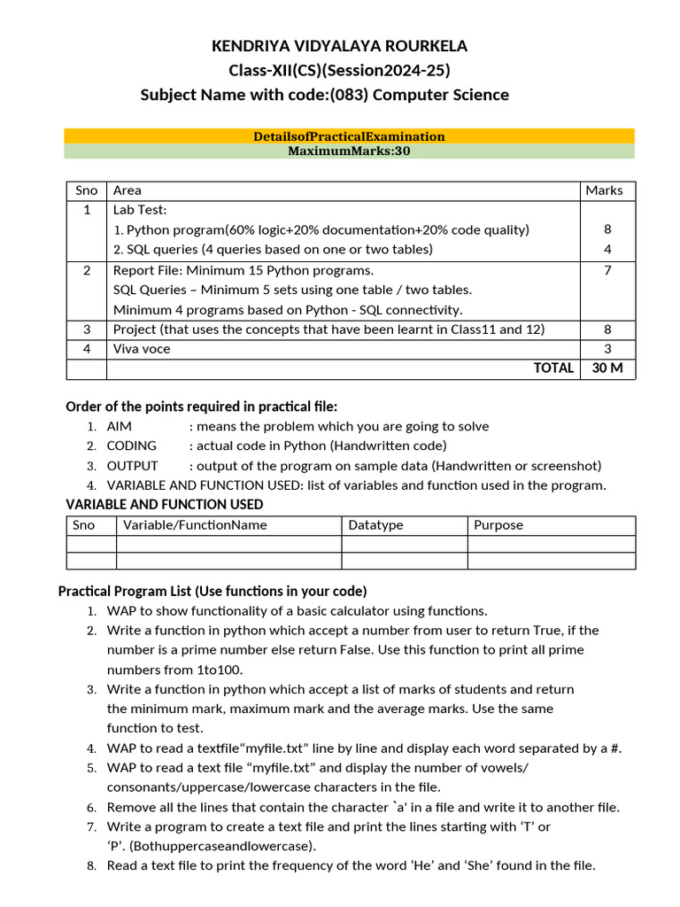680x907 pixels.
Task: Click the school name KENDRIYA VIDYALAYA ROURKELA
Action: [x=339, y=46]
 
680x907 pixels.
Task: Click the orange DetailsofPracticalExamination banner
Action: [x=349, y=136]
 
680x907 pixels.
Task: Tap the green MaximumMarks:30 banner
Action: [x=349, y=151]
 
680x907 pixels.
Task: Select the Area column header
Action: [x=127, y=190]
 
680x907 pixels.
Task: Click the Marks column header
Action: [x=604, y=190]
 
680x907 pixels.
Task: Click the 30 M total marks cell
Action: [x=607, y=368]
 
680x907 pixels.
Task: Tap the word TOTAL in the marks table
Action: [x=553, y=368]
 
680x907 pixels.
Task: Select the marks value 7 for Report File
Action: [x=607, y=270]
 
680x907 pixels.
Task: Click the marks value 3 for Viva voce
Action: [x=607, y=349]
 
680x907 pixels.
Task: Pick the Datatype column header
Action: [x=375, y=525]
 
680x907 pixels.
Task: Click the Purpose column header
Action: [x=498, y=525]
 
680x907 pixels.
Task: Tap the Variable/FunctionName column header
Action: [x=195, y=525]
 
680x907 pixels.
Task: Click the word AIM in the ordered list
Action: [x=120, y=427]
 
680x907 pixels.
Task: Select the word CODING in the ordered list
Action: [x=132, y=446]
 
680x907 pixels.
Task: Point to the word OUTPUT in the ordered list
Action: [x=133, y=466]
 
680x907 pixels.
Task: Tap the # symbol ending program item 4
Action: [x=615, y=748]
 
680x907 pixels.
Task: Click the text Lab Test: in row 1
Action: [x=140, y=210]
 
